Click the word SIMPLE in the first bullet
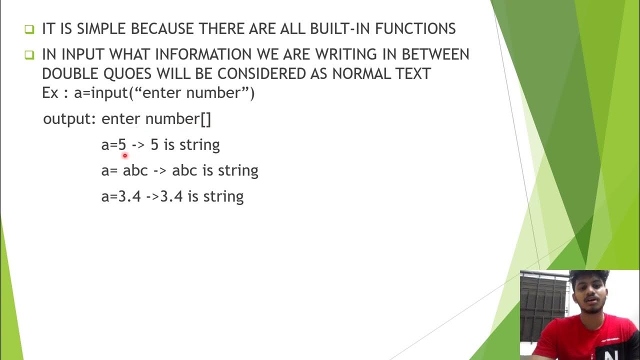click(x=102, y=29)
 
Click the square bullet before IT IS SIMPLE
click(x=29, y=29)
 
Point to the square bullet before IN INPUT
click(x=29, y=54)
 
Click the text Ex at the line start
click(x=50, y=93)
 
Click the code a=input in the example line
click(x=101, y=93)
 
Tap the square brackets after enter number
click(x=205, y=119)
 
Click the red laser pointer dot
click(x=125, y=155)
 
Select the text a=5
click(x=113, y=145)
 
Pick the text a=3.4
click(x=121, y=196)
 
